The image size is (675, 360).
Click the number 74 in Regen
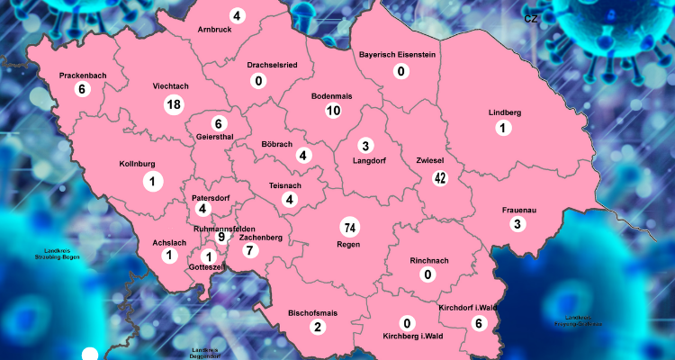[349, 227]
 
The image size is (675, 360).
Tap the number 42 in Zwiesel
[440, 177]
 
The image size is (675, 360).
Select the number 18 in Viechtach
[174, 104]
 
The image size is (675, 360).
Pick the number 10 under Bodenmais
[333, 111]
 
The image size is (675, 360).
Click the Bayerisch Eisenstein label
[397, 55]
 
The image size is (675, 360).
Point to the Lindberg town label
[505, 112]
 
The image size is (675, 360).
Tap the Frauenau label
[518, 210]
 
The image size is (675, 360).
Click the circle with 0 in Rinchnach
[427, 274]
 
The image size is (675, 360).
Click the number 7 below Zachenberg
[250, 250]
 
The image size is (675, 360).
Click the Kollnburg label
[138, 164]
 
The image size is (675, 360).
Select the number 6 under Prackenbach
[82, 89]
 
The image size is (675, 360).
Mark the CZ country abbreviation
[530, 17]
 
